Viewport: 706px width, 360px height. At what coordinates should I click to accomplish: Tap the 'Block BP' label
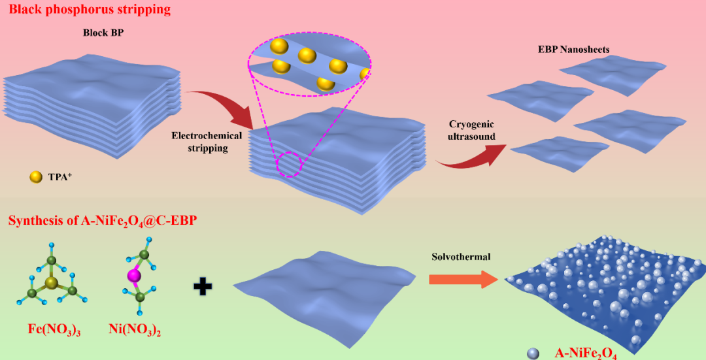tap(103, 33)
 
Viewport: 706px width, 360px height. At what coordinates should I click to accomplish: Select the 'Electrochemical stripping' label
tap(207, 142)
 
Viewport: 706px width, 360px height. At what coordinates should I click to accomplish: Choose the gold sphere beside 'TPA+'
tap(36, 176)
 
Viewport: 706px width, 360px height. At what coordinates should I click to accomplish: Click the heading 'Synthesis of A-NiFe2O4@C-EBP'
tap(103, 220)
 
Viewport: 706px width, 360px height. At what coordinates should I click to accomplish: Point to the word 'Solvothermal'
tap(460, 257)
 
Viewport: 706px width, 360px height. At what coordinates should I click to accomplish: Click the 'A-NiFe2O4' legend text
tap(586, 353)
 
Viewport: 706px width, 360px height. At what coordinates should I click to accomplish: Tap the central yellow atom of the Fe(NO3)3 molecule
tap(51, 283)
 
